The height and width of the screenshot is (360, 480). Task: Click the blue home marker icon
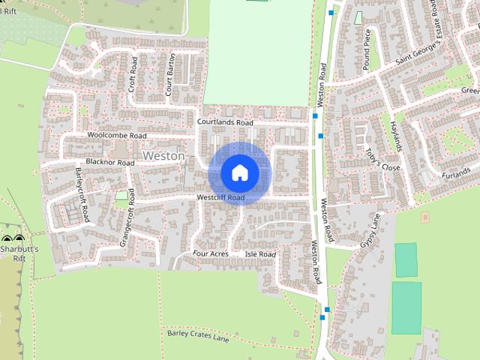[x=240, y=172]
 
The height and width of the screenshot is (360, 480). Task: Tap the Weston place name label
[x=163, y=155]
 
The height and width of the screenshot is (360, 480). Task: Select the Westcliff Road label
[x=221, y=198]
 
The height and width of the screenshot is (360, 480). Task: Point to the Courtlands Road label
[x=225, y=121]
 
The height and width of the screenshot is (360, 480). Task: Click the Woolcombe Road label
[x=116, y=136]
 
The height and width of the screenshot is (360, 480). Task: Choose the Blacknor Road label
[x=110, y=163]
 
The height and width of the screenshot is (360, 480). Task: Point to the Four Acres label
[x=210, y=254]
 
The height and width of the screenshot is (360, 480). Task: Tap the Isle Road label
[x=261, y=255]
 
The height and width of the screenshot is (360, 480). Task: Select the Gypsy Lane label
[x=370, y=232]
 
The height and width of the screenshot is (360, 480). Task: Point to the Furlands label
[x=454, y=174]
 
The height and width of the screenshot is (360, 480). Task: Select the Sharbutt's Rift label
[x=18, y=250]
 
